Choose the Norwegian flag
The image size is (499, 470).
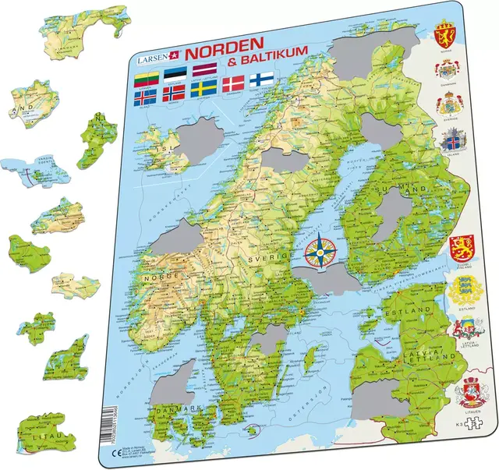point(180,100)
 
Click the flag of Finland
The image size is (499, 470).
point(261,81)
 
